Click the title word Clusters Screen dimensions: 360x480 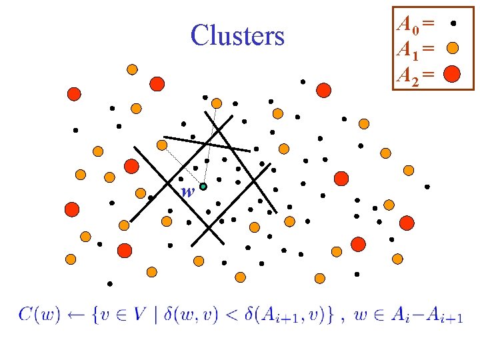pos(237,35)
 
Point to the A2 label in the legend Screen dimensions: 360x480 pos(407,73)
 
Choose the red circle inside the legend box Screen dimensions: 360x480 pos(452,73)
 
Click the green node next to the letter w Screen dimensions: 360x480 pos(203,187)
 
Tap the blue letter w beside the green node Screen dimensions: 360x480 pos(188,192)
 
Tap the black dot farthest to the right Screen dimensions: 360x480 pos(427,187)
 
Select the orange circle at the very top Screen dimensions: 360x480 pos(132,69)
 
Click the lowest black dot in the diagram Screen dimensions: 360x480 pos(109,283)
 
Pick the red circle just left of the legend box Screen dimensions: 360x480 pos(324,89)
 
